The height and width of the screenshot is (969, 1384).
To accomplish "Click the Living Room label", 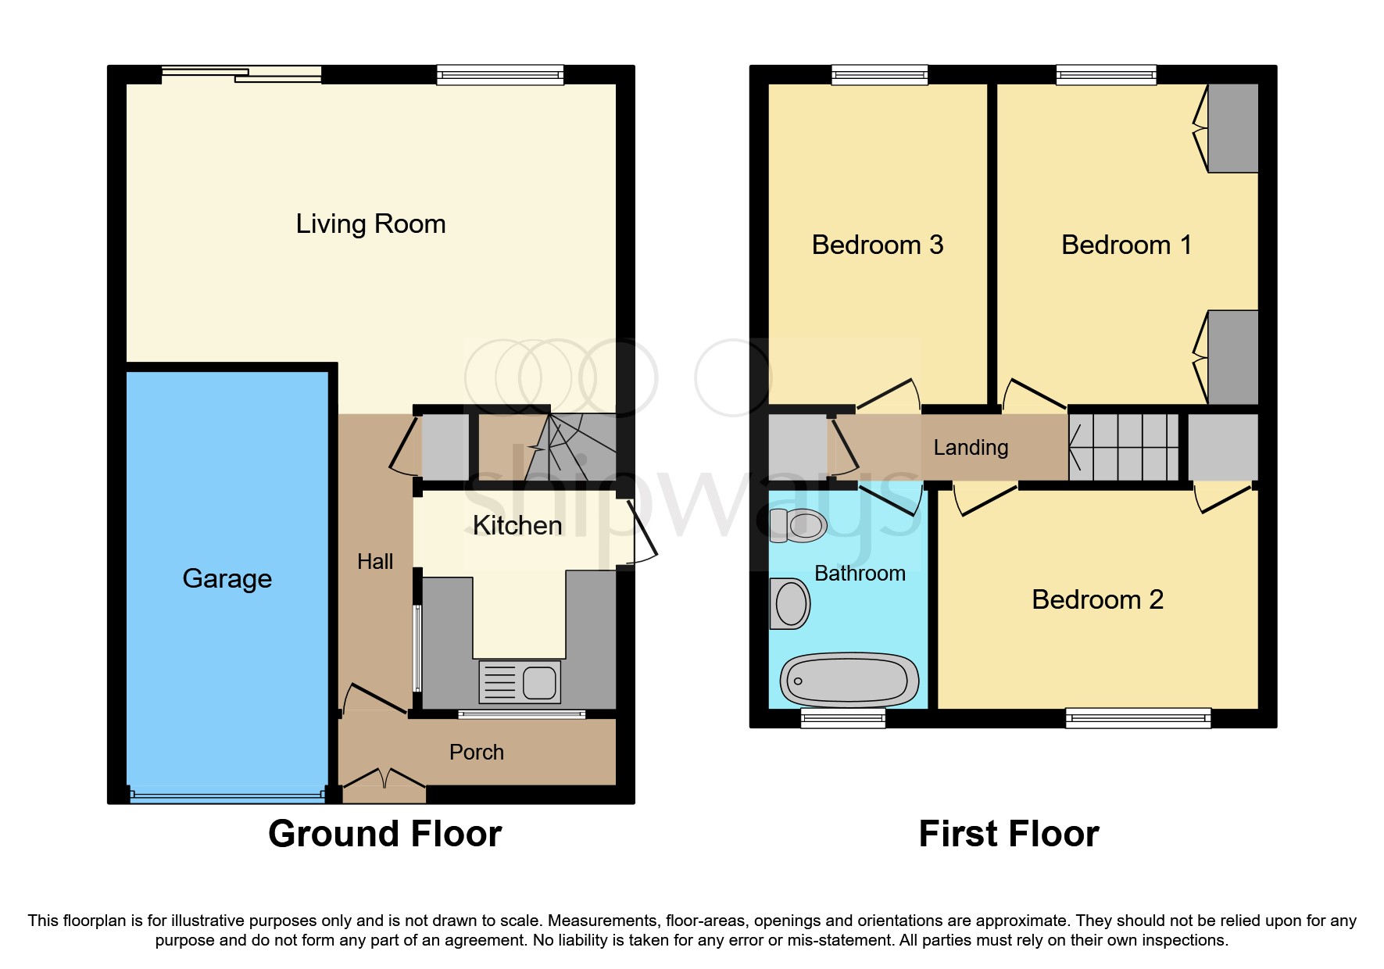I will [x=370, y=224].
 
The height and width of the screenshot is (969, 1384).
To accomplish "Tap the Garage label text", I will [x=227, y=579].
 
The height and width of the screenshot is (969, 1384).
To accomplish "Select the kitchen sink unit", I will [x=520, y=681].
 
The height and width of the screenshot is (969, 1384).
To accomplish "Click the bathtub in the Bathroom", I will [x=849, y=679].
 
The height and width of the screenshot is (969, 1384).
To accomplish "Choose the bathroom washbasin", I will [x=789, y=604].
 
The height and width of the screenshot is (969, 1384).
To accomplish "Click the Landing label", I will [x=971, y=448].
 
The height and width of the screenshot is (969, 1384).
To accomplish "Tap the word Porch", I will [x=477, y=753].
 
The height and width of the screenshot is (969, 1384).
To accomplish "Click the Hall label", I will [x=375, y=562].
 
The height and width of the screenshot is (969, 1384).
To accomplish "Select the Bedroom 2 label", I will [x=1097, y=600].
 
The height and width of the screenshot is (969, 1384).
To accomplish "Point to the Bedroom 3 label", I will [x=877, y=245].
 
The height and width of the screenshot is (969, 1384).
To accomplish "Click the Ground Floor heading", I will [x=384, y=834].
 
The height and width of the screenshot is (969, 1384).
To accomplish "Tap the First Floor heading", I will [x=1008, y=834].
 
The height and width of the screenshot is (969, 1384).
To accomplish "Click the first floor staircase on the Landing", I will [x=1124, y=447].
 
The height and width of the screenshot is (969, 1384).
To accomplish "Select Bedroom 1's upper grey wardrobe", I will [x=1233, y=128].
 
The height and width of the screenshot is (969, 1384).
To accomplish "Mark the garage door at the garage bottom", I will [x=227, y=796].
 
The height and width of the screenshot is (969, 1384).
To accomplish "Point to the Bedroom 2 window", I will [x=1138, y=717].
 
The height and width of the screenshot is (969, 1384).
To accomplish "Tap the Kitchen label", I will [x=517, y=526].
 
